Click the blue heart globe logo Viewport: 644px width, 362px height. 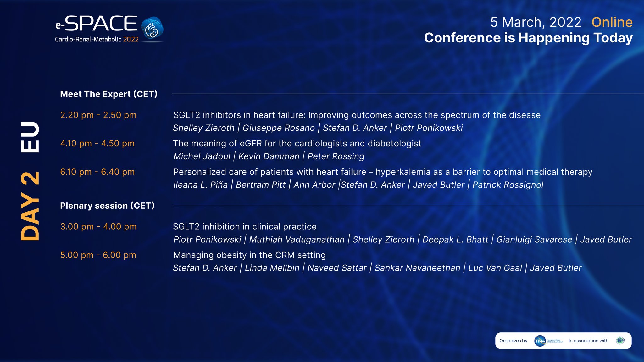click(x=152, y=28)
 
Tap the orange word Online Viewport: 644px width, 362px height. click(x=612, y=22)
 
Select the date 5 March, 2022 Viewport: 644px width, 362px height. click(x=536, y=22)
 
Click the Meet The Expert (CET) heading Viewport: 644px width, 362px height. click(x=108, y=94)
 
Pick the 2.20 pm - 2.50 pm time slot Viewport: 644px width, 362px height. click(x=98, y=115)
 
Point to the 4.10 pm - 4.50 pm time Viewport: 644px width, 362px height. click(x=97, y=144)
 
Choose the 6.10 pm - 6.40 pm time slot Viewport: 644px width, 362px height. click(x=97, y=172)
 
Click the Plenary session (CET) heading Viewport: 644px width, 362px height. click(x=107, y=206)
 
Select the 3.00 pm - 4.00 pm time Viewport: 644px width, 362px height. click(x=98, y=227)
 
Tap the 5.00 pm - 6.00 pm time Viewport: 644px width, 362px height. click(x=98, y=255)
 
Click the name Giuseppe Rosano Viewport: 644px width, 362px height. click(x=279, y=128)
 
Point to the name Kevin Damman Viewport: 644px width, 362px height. click(x=269, y=156)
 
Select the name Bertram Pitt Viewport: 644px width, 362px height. click(x=260, y=185)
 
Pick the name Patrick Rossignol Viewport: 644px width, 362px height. click(x=508, y=185)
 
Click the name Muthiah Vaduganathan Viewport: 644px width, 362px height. click(x=297, y=239)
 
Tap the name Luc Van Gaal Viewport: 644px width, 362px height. click(x=495, y=268)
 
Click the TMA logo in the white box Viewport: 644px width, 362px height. click(x=540, y=341)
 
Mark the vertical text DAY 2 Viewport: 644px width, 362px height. click(x=30, y=206)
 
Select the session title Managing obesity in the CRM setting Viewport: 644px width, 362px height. click(x=249, y=255)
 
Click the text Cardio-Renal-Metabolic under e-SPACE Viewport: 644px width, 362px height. click(x=88, y=39)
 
